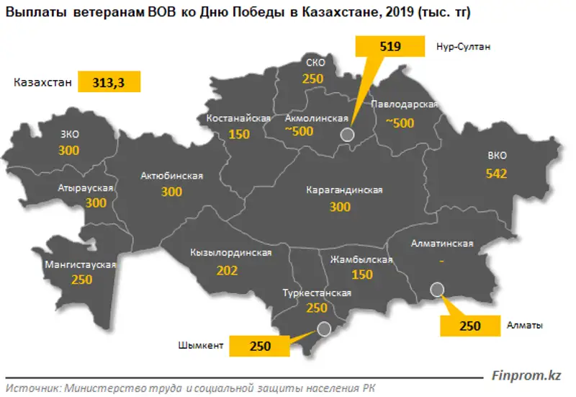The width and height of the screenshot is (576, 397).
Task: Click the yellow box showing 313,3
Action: pyautogui.click(x=109, y=83)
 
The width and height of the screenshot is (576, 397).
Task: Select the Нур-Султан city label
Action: pyautogui.click(x=464, y=48)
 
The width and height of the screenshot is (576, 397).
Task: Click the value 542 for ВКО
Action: pyautogui.click(x=497, y=174)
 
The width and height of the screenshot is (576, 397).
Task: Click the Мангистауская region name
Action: pyautogui.click(x=81, y=264)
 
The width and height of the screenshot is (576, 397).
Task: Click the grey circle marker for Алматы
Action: pyautogui.click(x=437, y=289)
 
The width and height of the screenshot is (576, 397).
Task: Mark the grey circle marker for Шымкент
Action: pyautogui.click(x=324, y=329)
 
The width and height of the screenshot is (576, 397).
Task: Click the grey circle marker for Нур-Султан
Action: pyautogui.click(x=347, y=134)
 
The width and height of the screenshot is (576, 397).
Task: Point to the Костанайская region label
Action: pyautogui.click(x=238, y=118)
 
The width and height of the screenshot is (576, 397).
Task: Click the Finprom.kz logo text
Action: pyautogui.click(x=526, y=375)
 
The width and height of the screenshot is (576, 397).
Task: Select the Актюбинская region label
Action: pyautogui.click(x=172, y=176)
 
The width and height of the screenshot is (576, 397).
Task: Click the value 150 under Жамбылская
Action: pyautogui.click(x=362, y=275)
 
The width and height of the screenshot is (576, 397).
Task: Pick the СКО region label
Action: pyautogui.click(x=315, y=63)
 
